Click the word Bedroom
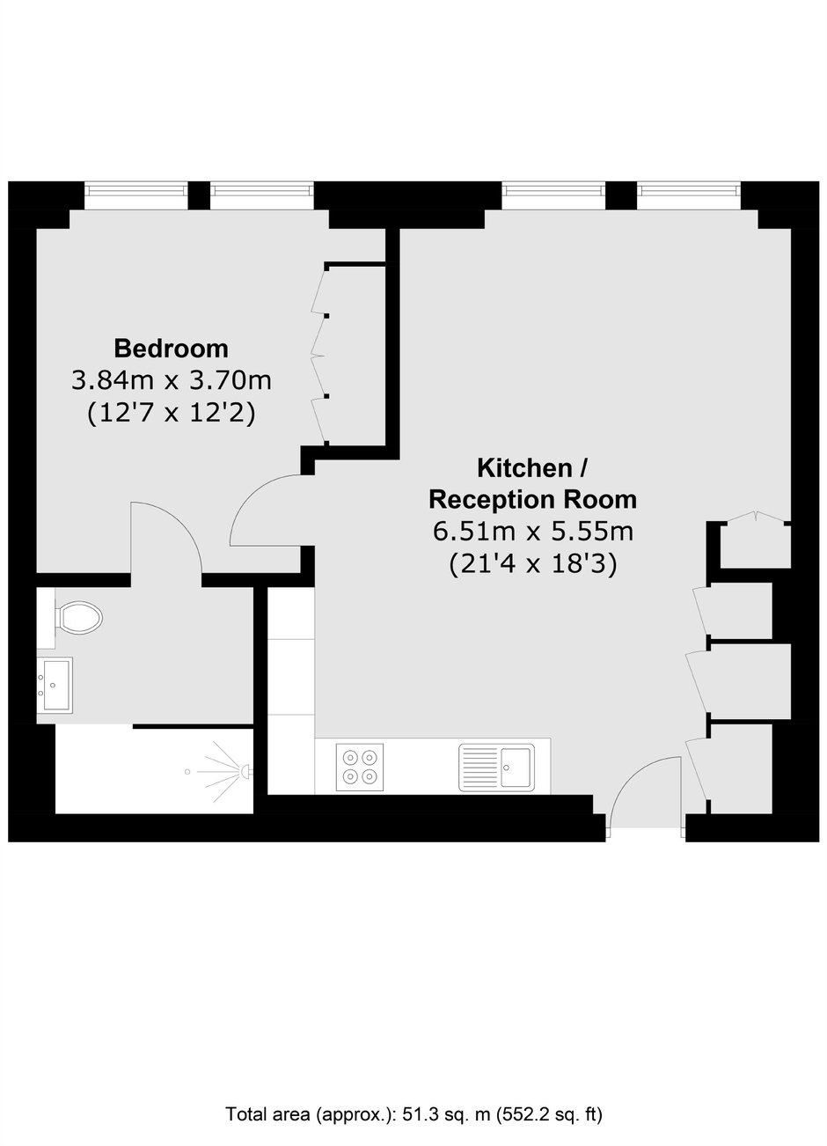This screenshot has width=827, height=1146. (171, 349)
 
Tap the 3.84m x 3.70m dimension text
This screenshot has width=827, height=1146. (171, 380)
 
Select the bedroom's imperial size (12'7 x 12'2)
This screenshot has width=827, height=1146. (171, 414)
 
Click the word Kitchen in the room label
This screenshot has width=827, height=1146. (523, 468)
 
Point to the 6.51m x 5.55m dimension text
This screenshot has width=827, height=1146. (533, 532)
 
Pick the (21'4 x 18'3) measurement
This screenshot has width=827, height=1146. (533, 564)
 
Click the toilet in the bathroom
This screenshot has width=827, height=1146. (76, 617)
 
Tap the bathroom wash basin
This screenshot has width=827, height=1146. (55, 686)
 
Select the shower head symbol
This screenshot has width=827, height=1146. (246, 771)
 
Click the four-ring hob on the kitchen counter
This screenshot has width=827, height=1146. (360, 767)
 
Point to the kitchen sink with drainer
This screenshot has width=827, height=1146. (496, 768)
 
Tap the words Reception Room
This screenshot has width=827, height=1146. (533, 500)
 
